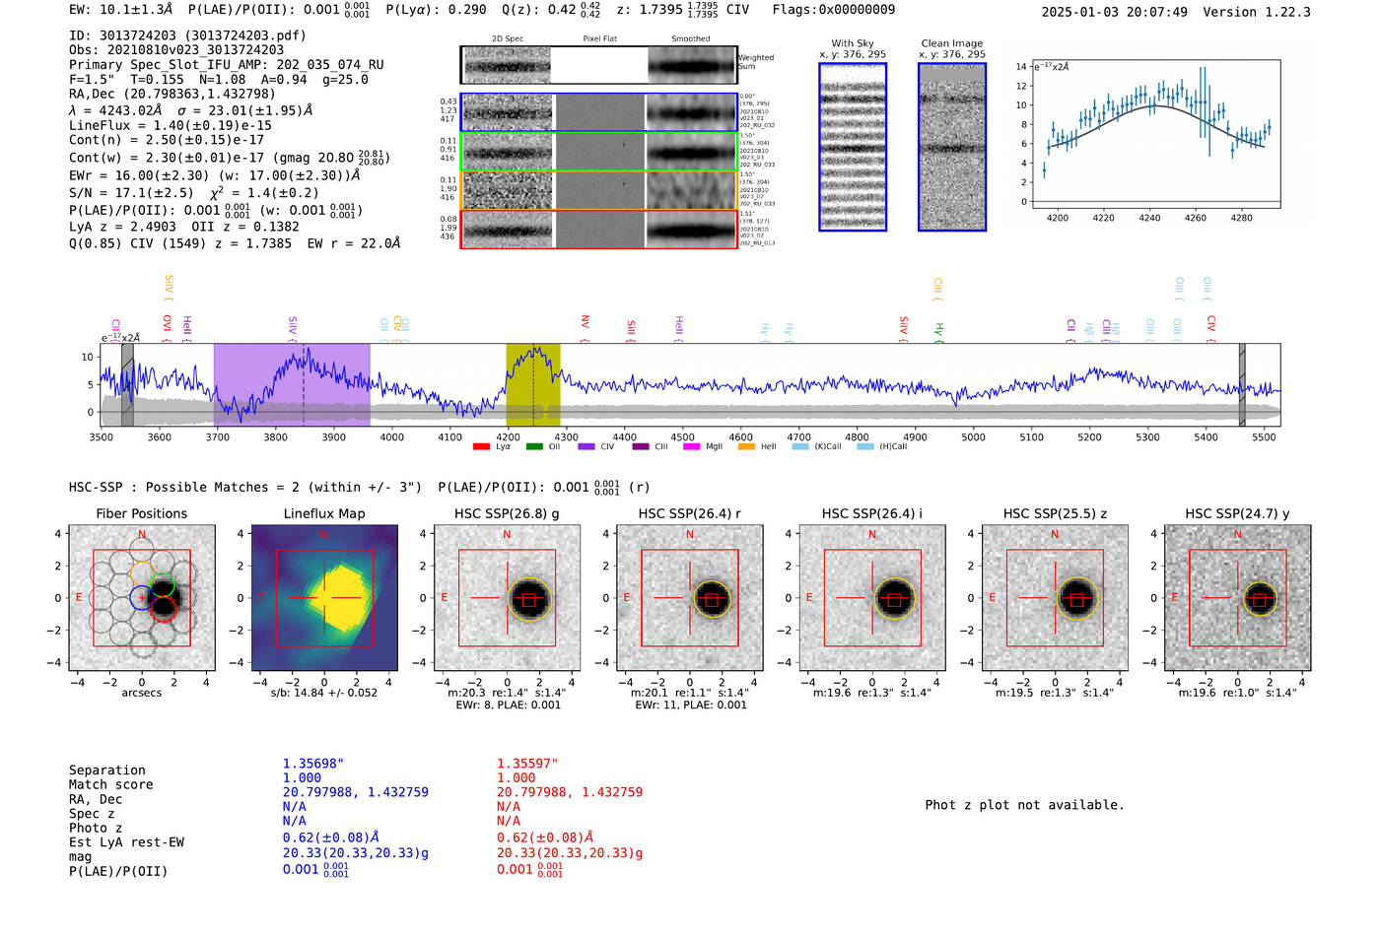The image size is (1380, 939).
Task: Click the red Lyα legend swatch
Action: [481, 447]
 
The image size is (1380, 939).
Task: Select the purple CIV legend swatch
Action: [586, 447]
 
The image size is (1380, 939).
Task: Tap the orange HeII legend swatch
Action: [746, 447]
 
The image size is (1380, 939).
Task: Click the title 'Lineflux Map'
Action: [324, 513]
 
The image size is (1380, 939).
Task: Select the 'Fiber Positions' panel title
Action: [141, 513]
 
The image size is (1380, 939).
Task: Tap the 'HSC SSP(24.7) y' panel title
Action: [1237, 513]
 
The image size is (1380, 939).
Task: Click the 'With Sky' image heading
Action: [853, 43]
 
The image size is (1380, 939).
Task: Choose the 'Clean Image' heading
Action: [951, 43]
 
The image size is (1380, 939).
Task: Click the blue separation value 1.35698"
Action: [313, 764]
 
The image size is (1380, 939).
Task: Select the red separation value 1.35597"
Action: [527, 764]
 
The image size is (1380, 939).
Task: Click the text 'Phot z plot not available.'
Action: [1024, 805]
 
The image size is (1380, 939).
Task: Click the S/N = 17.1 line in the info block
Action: [194, 193]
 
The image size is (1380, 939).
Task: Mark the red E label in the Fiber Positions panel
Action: [79, 598]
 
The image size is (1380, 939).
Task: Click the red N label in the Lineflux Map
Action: [323, 535]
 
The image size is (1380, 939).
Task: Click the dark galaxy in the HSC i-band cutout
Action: [894, 598]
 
